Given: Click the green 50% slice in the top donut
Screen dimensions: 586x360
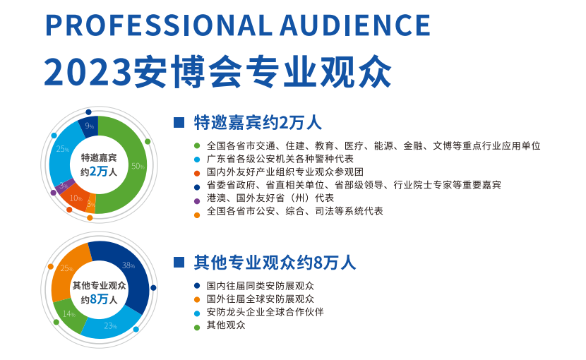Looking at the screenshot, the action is click(x=131, y=167).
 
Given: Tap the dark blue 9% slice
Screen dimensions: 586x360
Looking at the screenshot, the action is click(x=90, y=126).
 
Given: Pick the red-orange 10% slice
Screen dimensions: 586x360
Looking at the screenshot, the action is click(x=76, y=198).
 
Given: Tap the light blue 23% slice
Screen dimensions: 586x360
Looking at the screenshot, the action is click(x=111, y=325).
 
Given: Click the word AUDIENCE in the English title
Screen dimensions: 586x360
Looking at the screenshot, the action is click(x=355, y=25).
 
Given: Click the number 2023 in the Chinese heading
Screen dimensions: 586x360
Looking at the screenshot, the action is click(x=88, y=72).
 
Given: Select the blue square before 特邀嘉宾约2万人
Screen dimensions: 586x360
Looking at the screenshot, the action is click(x=179, y=123).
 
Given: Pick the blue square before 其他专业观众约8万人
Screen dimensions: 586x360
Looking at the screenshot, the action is click(x=179, y=262).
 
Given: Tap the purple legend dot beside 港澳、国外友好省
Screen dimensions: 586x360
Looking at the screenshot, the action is click(x=197, y=201).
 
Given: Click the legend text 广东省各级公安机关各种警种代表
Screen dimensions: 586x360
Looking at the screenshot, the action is click(x=280, y=159).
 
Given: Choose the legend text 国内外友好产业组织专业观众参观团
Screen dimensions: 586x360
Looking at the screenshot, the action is click(x=285, y=172).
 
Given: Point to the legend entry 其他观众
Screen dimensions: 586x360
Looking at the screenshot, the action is click(x=226, y=325).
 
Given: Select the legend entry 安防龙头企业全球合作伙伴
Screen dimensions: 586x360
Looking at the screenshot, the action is click(x=265, y=312).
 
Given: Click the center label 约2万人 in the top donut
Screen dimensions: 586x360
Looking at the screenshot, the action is click(x=99, y=172).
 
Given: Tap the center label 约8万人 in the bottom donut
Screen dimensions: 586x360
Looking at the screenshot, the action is click(x=99, y=299).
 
